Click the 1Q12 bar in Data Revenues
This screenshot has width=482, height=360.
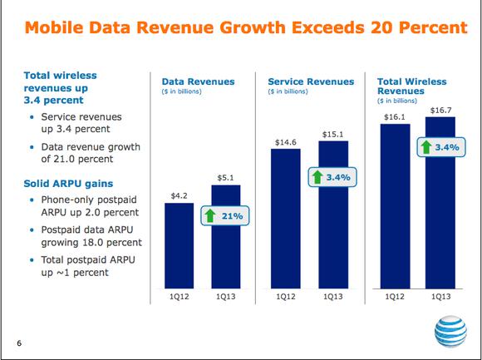pyautogui.click(x=180, y=245)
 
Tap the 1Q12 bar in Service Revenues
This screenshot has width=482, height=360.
pyautogui.click(x=286, y=219)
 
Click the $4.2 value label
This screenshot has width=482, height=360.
pyautogui.click(x=180, y=196)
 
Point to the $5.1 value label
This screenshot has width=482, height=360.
pyautogui.click(x=226, y=178)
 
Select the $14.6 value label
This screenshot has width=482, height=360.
pyautogui.click(x=286, y=142)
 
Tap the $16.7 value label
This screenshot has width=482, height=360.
pyautogui.click(x=440, y=111)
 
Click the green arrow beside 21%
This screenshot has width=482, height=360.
pyautogui.click(x=210, y=215)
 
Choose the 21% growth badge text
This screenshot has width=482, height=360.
pyautogui.click(x=233, y=216)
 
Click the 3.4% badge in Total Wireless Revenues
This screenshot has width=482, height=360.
pyautogui.click(x=441, y=147)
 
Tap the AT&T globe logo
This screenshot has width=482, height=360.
pyautogui.click(x=450, y=332)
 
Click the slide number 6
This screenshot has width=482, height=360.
pyautogui.click(x=19, y=343)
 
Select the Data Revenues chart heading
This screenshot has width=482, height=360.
pyautogui.click(x=198, y=81)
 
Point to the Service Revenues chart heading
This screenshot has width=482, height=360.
pyautogui.click(x=311, y=81)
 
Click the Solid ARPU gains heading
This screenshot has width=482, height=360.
pyautogui.click(x=68, y=184)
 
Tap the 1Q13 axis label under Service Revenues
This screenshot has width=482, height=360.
pyautogui.click(x=333, y=297)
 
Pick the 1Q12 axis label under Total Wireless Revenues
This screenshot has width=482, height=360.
pyautogui.click(x=395, y=297)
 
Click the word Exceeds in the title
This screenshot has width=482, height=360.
pyautogui.click(x=328, y=27)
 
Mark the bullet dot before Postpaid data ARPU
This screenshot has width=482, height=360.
pyautogui.click(x=32, y=229)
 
